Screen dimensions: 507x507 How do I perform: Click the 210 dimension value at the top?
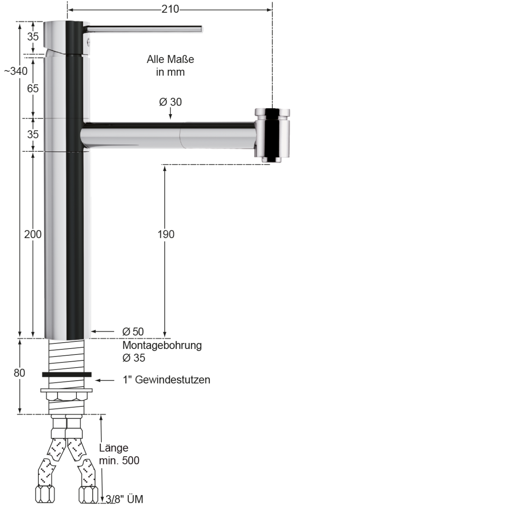[x=170, y=9]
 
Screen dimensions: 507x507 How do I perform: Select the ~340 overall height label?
[x=16, y=71]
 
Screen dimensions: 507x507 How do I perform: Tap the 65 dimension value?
[x=33, y=88]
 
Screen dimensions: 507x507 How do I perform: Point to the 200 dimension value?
[x=33, y=234]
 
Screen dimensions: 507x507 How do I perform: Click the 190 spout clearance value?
[x=166, y=234]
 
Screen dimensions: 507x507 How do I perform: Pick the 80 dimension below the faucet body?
[x=19, y=373]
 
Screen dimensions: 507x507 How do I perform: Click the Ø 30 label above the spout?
[x=170, y=102]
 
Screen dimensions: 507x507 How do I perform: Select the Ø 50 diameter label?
[x=133, y=332]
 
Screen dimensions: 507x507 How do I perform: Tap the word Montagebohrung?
[x=162, y=345]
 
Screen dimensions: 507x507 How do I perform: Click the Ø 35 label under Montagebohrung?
[x=134, y=358]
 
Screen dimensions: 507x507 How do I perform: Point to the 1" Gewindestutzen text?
[x=166, y=379]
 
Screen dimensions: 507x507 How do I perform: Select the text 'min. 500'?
[x=119, y=460]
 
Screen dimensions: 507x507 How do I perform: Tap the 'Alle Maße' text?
[x=170, y=59]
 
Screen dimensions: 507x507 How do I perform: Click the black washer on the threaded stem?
[x=67, y=374]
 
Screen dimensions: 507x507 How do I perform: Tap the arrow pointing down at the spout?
[x=170, y=114]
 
